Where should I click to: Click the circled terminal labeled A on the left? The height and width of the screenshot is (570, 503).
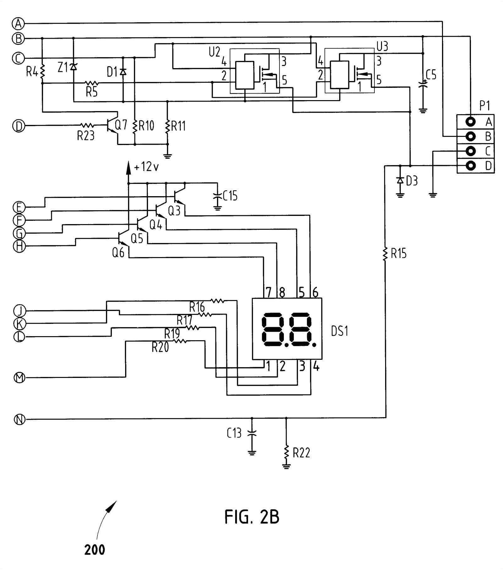pos(19,23)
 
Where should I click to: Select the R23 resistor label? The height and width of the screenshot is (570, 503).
pos(86,136)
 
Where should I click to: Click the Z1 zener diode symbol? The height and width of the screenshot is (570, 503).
pos(73,67)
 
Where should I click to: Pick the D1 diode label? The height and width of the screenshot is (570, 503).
pos(112,72)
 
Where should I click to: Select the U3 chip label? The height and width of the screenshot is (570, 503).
pos(382,47)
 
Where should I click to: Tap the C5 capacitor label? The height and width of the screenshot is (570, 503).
pos(431,75)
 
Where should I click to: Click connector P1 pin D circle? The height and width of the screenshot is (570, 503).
pos(471,165)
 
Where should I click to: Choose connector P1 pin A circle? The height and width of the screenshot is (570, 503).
pos(471,121)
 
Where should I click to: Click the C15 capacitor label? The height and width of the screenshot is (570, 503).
pos(230,196)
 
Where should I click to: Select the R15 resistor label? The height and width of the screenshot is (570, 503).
pos(399,253)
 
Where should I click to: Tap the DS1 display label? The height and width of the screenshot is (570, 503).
pos(340,331)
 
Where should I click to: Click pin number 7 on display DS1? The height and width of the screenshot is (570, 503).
pos(268,293)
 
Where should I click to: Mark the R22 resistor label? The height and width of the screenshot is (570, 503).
pos(301,453)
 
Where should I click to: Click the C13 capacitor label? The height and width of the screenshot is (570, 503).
pos(234,433)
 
